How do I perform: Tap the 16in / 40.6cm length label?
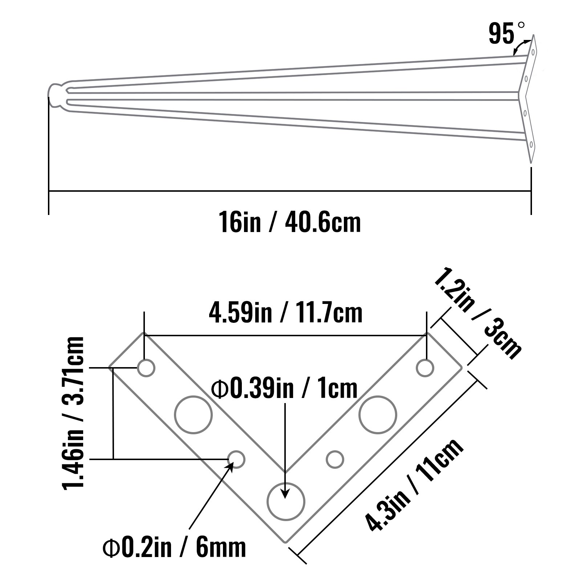click(x=289, y=222)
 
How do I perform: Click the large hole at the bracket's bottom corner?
click(x=286, y=501)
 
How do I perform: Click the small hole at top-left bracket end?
click(x=146, y=368)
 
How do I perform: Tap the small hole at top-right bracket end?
click(x=425, y=368)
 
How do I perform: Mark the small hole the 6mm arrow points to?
click(x=236, y=459)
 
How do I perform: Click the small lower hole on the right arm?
click(x=335, y=459)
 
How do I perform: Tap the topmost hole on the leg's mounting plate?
click(x=533, y=52)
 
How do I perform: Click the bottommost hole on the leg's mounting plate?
click(x=531, y=145)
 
